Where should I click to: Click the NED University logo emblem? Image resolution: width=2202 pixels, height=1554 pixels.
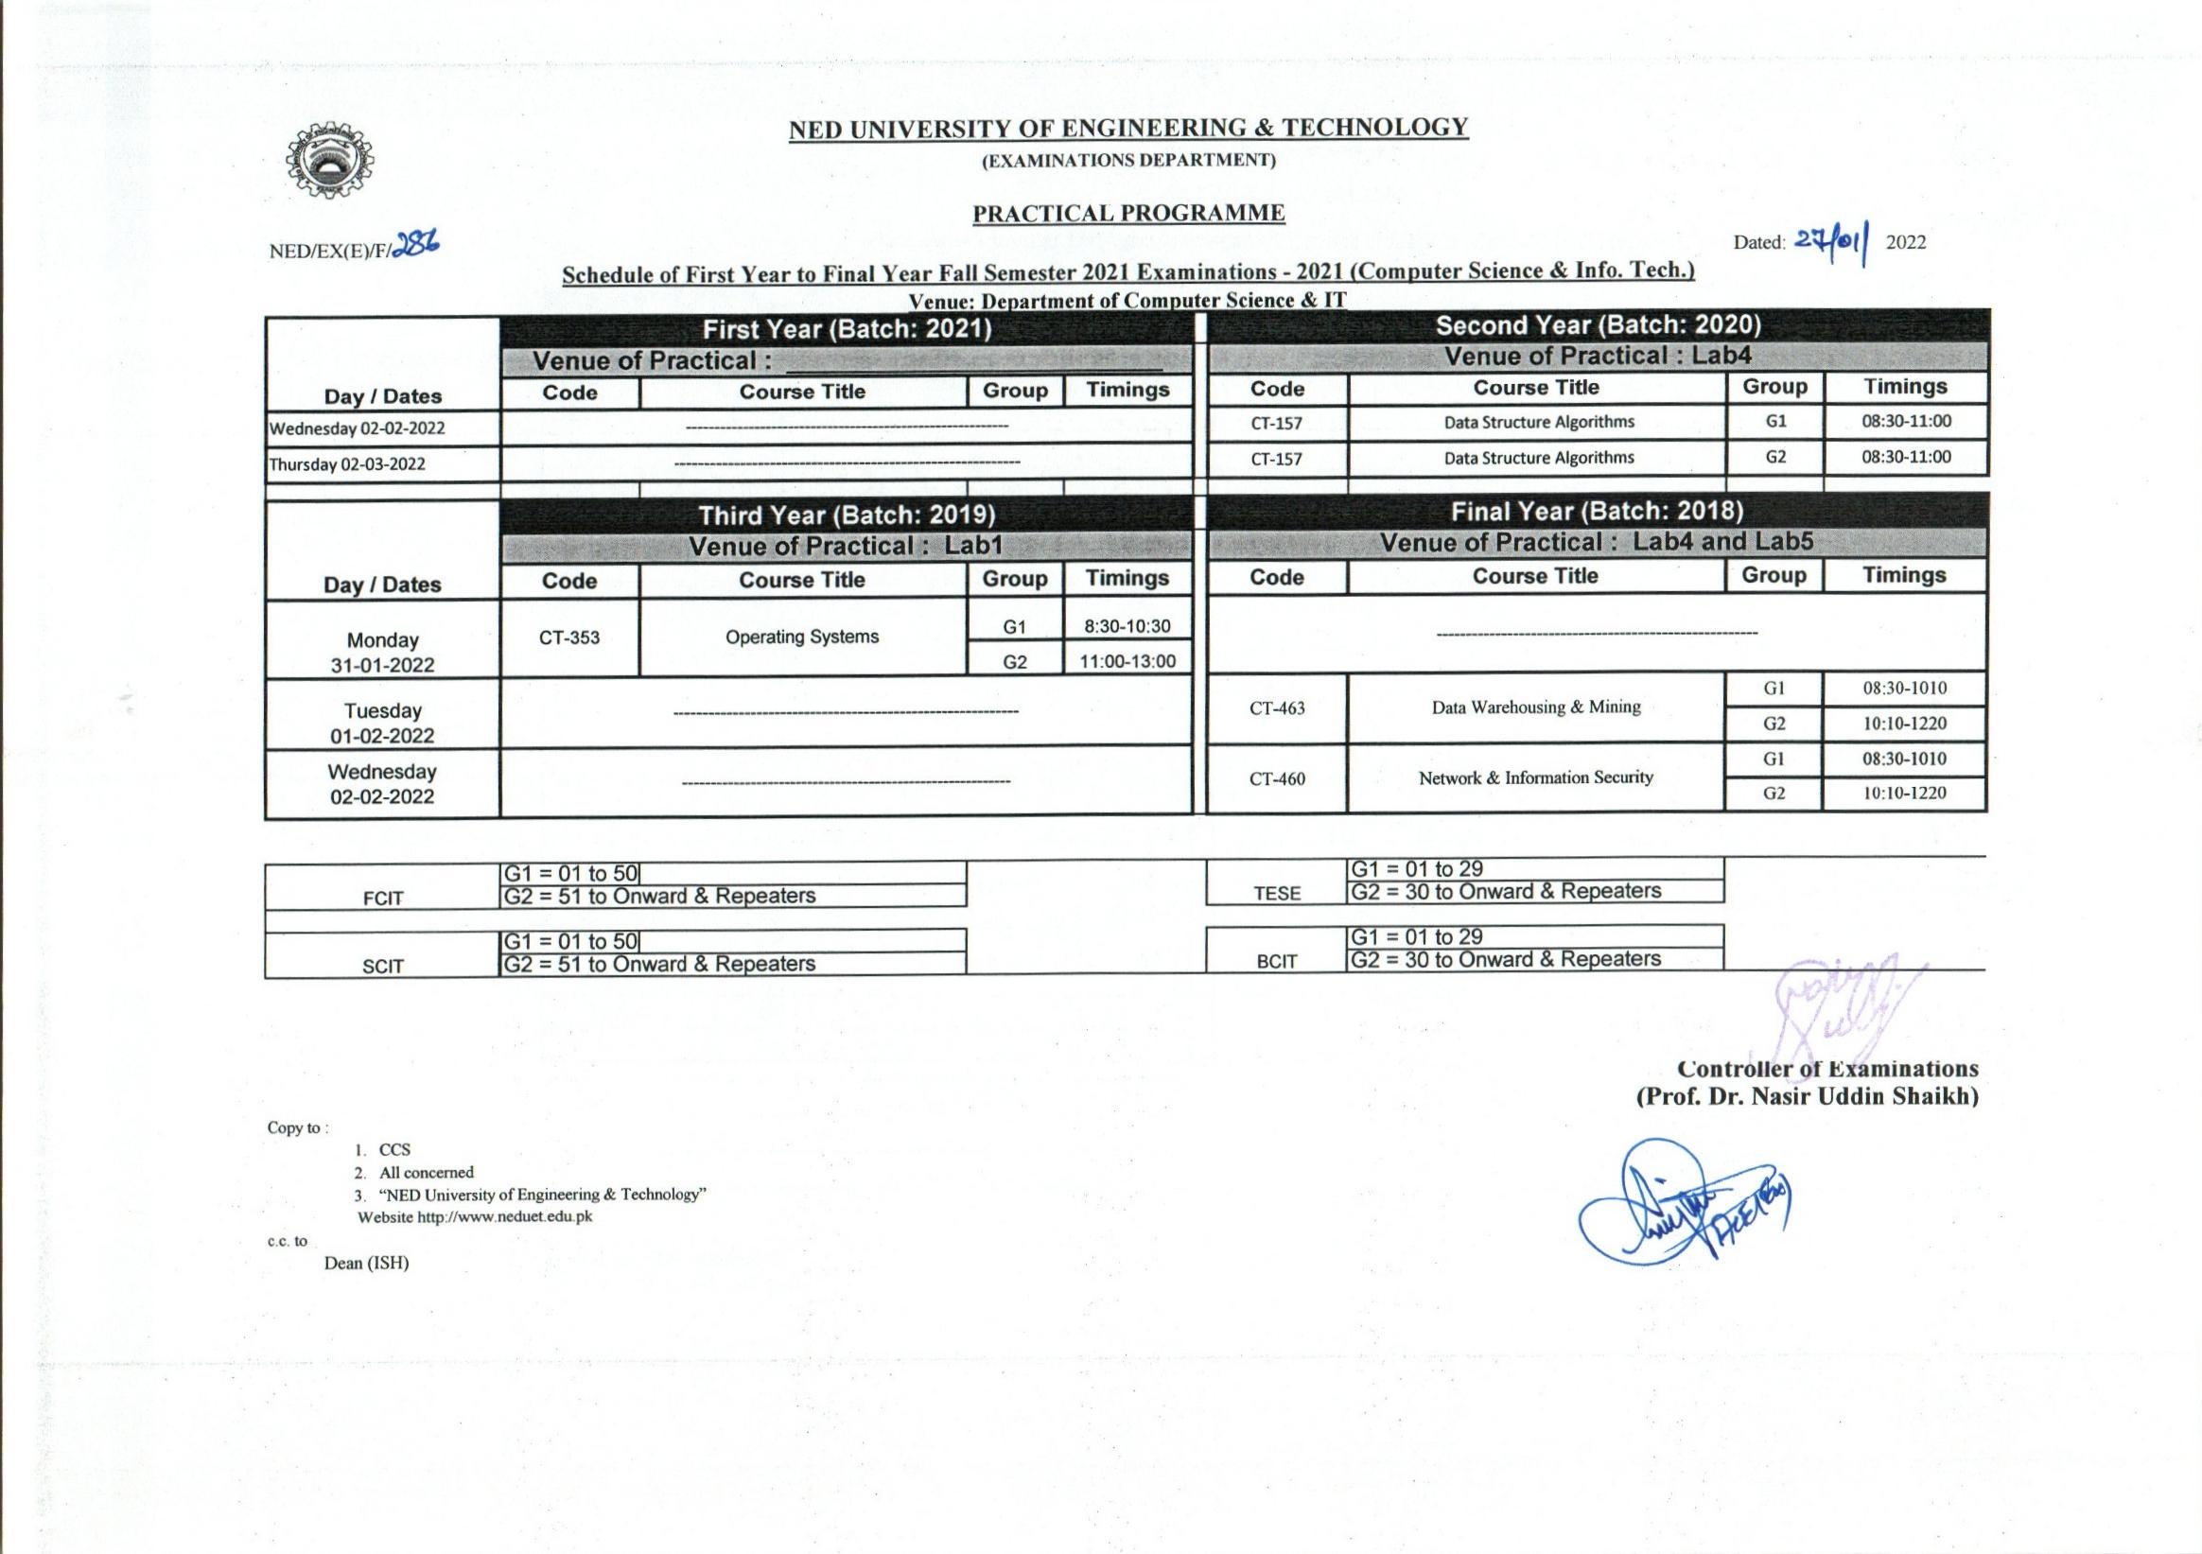[330, 161]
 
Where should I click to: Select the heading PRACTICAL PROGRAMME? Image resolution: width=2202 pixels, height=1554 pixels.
[1128, 213]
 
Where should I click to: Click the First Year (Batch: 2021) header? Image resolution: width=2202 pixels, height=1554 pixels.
[847, 330]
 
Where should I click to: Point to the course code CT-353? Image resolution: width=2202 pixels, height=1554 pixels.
[568, 637]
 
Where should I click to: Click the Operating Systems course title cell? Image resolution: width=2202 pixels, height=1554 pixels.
[802, 637]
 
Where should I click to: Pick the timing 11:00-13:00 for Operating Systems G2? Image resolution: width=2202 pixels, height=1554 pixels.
[1127, 661]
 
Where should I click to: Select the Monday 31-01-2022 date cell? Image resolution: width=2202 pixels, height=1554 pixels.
[382, 653]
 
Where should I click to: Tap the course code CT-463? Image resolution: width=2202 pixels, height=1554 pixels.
[1277, 708]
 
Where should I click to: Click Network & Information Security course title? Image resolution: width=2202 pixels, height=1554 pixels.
[1535, 778]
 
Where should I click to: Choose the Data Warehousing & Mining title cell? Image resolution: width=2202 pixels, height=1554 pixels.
[1535, 707]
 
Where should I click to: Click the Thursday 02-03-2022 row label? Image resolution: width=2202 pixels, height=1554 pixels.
[347, 464]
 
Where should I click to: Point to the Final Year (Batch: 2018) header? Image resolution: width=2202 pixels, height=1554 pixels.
[1597, 512]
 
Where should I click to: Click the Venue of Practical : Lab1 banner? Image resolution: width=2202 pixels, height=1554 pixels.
[846, 547]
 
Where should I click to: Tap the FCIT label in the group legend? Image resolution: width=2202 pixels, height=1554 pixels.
[383, 899]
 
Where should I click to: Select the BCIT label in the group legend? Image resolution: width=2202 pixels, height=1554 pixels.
[1277, 961]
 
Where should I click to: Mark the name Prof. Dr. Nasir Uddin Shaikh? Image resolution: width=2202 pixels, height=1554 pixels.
[1807, 1096]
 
